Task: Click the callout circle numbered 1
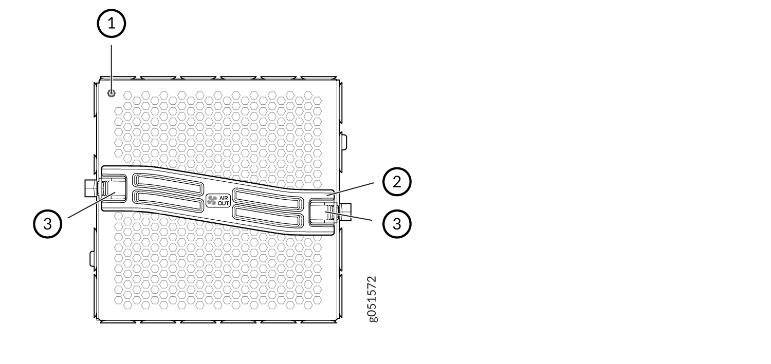pos(111,24)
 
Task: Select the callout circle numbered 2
pos(397,182)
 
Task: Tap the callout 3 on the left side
pos(47,224)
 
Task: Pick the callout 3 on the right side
pos(397,224)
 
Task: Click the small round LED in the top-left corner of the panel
pos(111,93)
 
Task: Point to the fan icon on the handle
pos(212,200)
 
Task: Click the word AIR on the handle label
pos(224,198)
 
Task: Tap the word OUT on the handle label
pos(224,203)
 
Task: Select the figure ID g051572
pos(373,299)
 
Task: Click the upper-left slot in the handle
pos(168,184)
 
